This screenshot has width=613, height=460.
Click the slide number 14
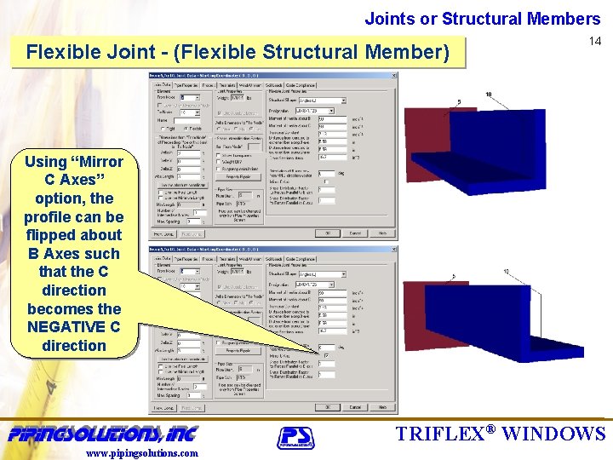[x=595, y=41]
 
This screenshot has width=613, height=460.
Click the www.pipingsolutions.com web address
[x=142, y=453]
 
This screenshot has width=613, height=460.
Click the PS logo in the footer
[x=295, y=436]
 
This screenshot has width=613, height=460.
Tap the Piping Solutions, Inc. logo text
[x=102, y=432]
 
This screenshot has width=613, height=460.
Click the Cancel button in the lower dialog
[x=355, y=407]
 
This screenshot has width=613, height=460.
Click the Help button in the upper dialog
[x=382, y=233]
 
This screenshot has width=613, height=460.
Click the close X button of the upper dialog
[x=392, y=75]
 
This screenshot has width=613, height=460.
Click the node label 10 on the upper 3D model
[x=488, y=94]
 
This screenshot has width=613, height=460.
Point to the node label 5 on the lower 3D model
[x=454, y=275]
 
